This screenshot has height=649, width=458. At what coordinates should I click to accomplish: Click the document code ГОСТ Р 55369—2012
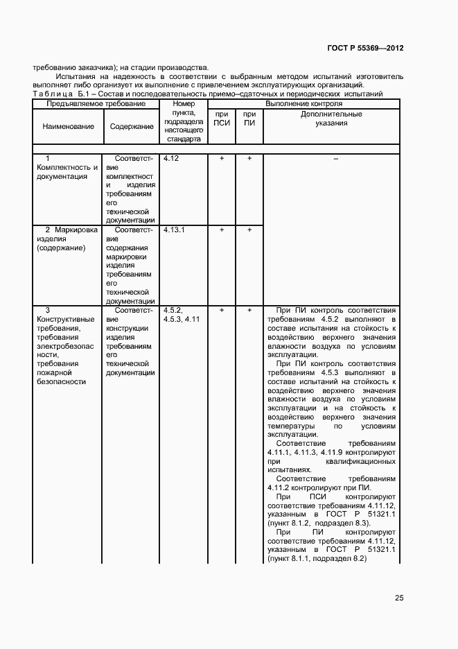point(365,49)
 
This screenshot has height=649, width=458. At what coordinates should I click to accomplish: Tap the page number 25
point(399,598)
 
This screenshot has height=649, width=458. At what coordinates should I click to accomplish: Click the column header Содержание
point(131,126)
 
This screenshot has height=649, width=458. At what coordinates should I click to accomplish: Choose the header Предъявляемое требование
point(96,103)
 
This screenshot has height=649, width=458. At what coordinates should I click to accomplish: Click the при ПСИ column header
point(222,119)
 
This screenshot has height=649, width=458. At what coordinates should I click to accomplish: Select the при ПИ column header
point(249,119)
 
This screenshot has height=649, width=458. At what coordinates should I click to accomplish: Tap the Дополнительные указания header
point(331,119)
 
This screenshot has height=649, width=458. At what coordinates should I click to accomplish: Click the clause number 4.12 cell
point(171,159)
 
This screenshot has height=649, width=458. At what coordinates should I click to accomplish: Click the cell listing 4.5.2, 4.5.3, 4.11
point(182,315)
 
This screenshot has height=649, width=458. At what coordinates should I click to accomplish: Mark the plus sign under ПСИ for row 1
point(222,159)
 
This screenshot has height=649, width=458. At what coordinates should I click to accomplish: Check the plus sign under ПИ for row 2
point(249,230)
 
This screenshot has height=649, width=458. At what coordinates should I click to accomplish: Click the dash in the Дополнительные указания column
point(335,159)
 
